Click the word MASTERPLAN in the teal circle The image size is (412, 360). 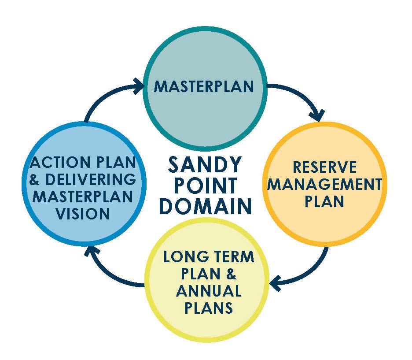[x=204, y=86]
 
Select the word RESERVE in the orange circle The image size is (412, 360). [x=324, y=167]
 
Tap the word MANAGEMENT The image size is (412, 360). [x=324, y=184]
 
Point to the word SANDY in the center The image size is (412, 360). [x=205, y=166]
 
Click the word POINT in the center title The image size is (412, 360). [x=205, y=186]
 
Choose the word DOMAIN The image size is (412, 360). [x=205, y=206]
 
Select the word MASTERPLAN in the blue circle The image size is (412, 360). [x=82, y=197]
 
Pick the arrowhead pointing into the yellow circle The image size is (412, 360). [x=276, y=283]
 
